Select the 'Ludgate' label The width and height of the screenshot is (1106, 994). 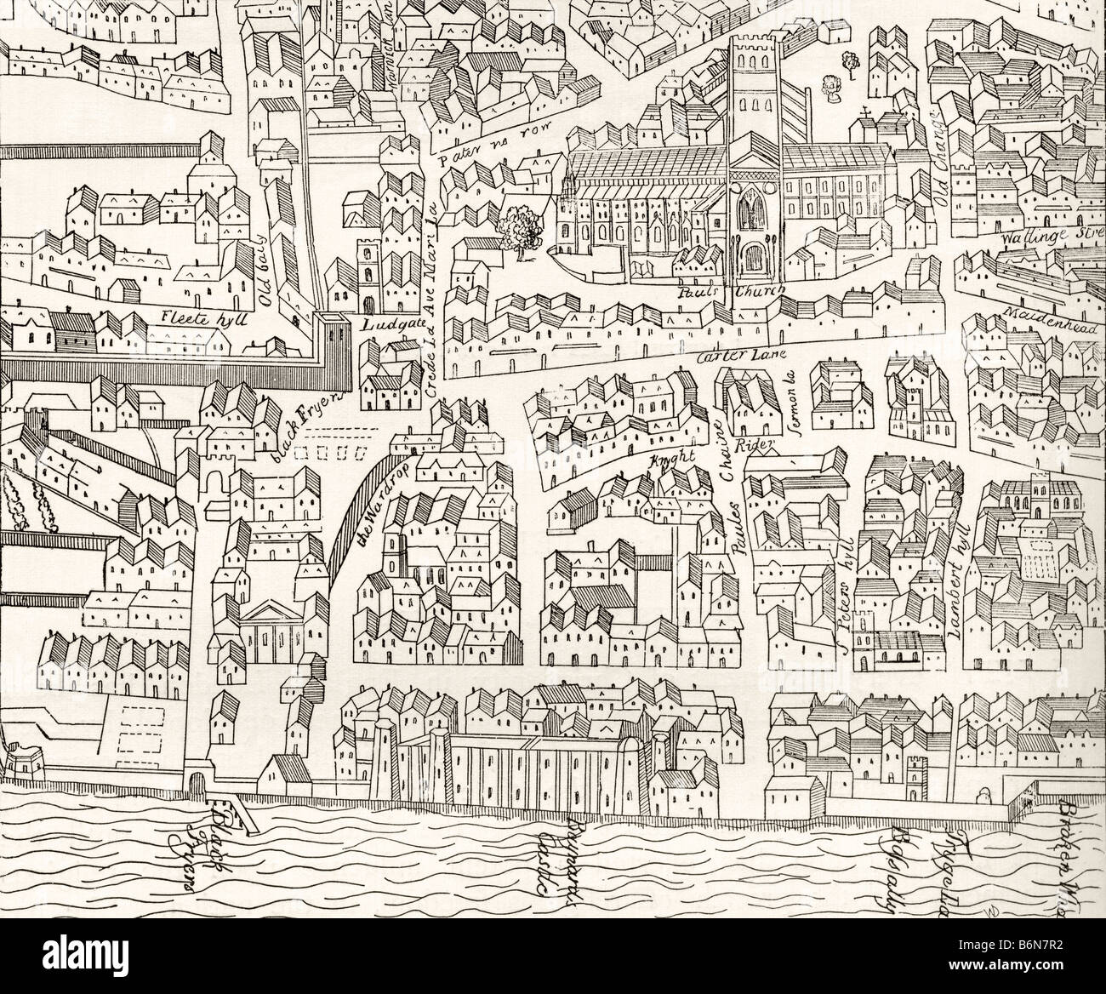pyautogui.click(x=386, y=325)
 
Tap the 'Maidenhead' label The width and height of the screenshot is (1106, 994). pyautogui.click(x=1052, y=311)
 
